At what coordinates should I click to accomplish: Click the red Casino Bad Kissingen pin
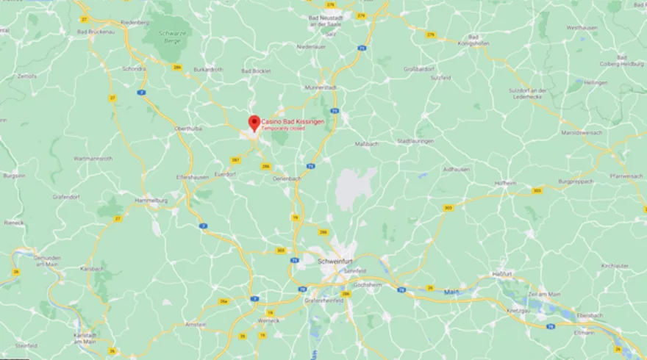point(254,123)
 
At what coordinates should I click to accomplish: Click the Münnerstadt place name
point(320,87)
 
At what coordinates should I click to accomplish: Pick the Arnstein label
point(196,323)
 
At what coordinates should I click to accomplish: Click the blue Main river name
point(450,292)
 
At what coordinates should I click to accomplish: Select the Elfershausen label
point(193,177)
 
